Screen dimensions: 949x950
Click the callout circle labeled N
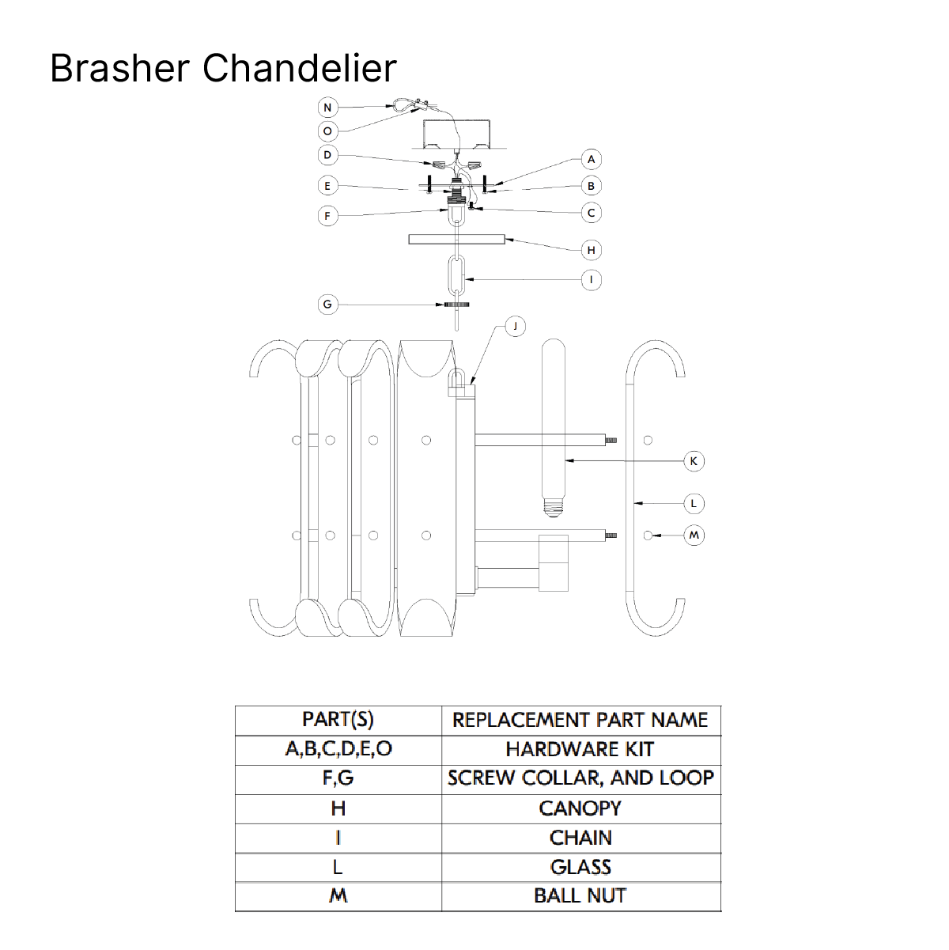(327, 108)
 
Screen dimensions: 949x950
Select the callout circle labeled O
(327, 131)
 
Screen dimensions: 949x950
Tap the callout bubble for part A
(591, 159)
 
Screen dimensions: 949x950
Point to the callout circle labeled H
(591, 250)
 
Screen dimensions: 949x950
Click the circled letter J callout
(515, 327)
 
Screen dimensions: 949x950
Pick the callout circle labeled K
(694, 461)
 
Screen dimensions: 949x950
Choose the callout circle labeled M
(694, 535)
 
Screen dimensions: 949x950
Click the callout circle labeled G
(327, 305)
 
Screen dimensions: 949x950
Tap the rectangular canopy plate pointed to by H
(456, 239)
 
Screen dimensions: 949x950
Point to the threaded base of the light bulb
(553, 507)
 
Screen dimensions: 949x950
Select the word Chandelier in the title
(299, 68)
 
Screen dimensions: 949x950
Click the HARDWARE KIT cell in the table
(581, 750)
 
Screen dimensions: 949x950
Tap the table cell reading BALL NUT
(581, 895)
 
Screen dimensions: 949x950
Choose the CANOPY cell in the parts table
(581, 808)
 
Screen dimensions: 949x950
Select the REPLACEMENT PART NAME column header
(581, 721)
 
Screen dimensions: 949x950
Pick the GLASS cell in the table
(581, 867)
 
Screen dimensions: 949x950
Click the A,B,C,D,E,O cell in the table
(338, 750)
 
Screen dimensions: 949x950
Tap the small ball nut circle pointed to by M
(648, 535)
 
